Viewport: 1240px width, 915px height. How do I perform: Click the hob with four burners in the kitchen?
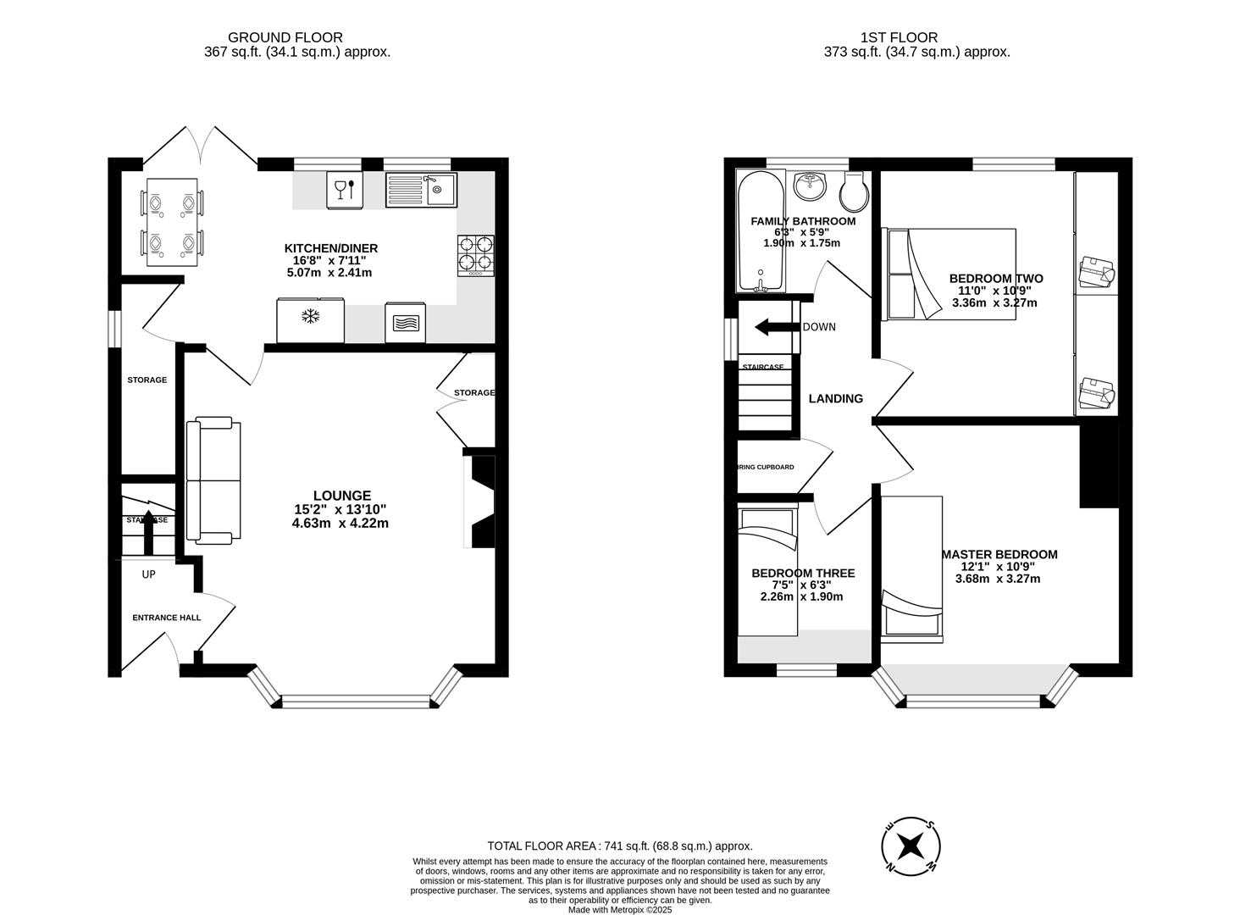[475, 254]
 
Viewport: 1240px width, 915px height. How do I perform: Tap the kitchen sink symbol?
[421, 190]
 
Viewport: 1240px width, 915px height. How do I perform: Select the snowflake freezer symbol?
[311, 319]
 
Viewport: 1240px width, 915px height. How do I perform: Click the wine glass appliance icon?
[345, 190]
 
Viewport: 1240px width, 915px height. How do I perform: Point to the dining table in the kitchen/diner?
[172, 222]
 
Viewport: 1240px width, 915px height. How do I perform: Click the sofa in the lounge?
[213, 480]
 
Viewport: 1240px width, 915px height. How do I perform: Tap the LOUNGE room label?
[341, 496]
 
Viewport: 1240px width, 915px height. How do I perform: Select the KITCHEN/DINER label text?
[330, 248]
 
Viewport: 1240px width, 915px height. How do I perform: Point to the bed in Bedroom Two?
[949, 274]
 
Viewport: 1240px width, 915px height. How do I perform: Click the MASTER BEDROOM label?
[999, 554]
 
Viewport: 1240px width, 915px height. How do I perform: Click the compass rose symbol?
[911, 845]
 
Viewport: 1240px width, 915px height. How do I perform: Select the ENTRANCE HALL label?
[167, 618]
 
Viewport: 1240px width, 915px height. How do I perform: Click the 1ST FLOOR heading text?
[899, 37]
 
